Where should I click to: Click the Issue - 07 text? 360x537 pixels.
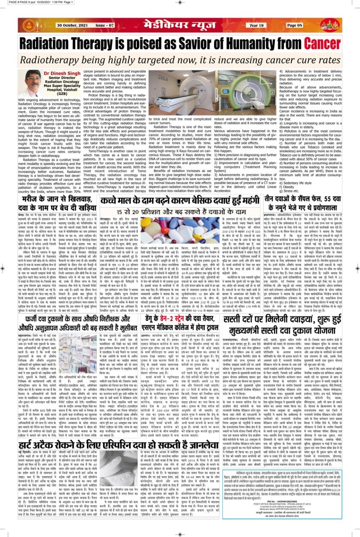[x=105, y=26]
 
